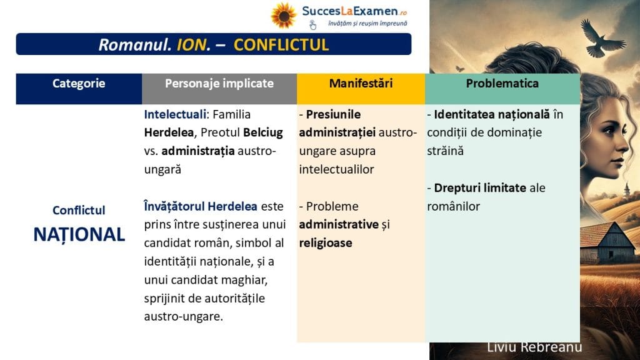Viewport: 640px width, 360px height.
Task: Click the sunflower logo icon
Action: (x=283, y=16)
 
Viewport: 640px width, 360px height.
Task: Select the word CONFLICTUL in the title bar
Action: (x=281, y=45)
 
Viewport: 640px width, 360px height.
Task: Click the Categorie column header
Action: (x=79, y=83)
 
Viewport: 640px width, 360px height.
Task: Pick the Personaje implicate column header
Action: (x=219, y=83)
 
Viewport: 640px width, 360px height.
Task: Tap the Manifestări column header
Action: (x=361, y=83)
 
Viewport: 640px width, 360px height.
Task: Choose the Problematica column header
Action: (x=502, y=83)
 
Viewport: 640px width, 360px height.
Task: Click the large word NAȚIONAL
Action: (x=79, y=234)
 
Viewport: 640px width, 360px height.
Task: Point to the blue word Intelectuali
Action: (x=175, y=114)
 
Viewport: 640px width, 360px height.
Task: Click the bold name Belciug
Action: (x=263, y=132)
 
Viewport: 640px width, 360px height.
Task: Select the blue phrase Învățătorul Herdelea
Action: (x=201, y=206)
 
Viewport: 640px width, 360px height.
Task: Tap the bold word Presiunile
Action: (x=333, y=114)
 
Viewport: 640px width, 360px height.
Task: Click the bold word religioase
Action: (x=325, y=243)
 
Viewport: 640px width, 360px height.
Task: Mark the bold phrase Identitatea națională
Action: (x=492, y=114)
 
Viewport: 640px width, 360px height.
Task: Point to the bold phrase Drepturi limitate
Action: (x=480, y=187)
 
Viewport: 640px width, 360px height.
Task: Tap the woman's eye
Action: (x=611, y=131)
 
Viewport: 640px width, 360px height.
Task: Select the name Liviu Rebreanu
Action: (x=534, y=347)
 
